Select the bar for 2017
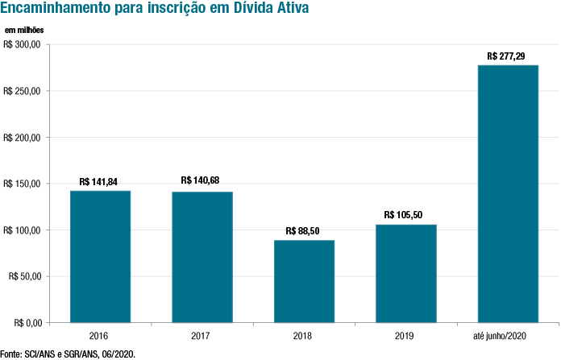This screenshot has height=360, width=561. pos(202,257)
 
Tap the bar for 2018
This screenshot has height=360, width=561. pos(304,281)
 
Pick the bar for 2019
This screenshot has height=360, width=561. pos(405,273)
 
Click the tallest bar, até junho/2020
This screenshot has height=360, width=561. pos(508,193)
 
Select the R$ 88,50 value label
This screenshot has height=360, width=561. pos(303,230)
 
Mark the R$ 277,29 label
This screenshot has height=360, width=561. pos(507,56)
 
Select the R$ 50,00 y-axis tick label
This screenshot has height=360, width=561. pos(25,277)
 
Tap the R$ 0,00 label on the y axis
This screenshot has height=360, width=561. pos(27,323)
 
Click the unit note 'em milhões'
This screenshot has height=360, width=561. pos(24,30)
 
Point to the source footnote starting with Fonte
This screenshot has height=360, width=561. pos(68,354)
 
